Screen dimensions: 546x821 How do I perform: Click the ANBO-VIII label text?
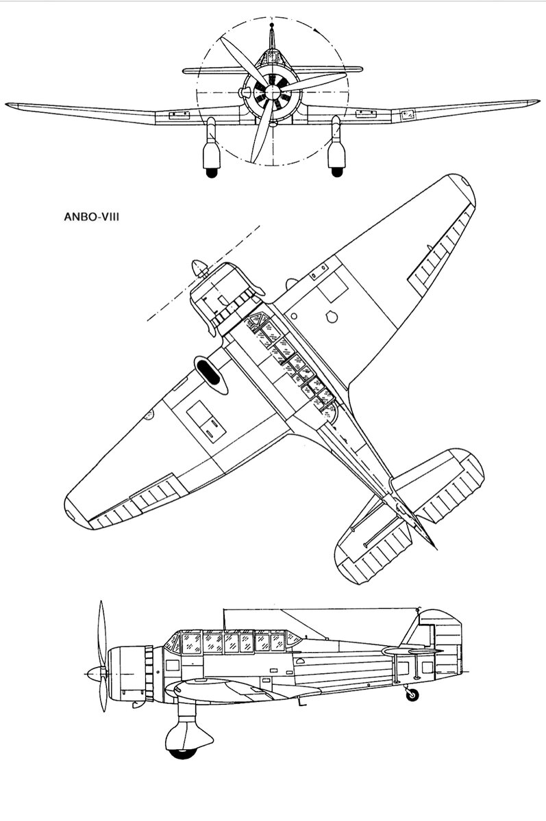[x=91, y=217]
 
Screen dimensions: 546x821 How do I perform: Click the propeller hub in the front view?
[x=272, y=91]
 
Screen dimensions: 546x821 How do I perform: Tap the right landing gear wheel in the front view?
[x=337, y=172]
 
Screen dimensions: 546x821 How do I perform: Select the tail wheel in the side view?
[x=412, y=695]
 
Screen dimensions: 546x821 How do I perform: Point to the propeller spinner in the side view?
[x=96, y=674]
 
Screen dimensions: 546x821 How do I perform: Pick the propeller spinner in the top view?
[x=200, y=268]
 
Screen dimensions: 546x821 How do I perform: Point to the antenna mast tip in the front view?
[x=271, y=25]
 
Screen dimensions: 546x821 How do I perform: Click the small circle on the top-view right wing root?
[x=293, y=316]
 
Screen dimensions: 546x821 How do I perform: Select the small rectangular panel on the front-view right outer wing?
[x=407, y=116]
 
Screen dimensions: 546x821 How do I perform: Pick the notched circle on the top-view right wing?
[x=332, y=317]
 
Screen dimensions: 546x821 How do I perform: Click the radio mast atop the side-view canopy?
[x=224, y=619]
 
